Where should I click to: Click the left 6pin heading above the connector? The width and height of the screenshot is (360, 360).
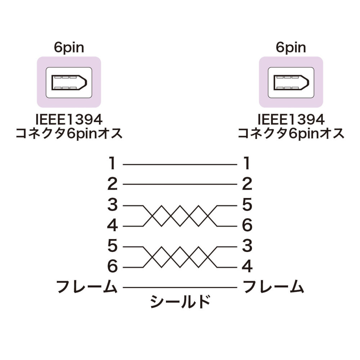point(69,48)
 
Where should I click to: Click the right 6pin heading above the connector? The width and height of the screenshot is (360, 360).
point(291,48)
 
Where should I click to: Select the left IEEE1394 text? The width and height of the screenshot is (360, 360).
point(69,120)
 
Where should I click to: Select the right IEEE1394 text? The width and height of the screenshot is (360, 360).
point(291,120)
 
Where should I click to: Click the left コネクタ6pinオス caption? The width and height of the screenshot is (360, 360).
point(69,134)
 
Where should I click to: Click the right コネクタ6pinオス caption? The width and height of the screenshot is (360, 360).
point(291,134)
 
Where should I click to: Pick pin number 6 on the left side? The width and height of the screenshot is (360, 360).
point(112,266)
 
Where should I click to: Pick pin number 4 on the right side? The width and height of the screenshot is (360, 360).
point(247,266)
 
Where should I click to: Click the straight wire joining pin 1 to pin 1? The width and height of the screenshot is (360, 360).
point(180,165)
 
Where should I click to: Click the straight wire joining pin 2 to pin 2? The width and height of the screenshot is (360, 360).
point(180,184)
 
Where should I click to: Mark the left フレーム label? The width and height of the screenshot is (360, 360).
point(87,287)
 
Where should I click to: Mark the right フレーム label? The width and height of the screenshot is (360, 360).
point(273,287)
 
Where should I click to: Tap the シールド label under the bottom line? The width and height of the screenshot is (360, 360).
point(180,301)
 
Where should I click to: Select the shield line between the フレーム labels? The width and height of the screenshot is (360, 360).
point(180,287)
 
